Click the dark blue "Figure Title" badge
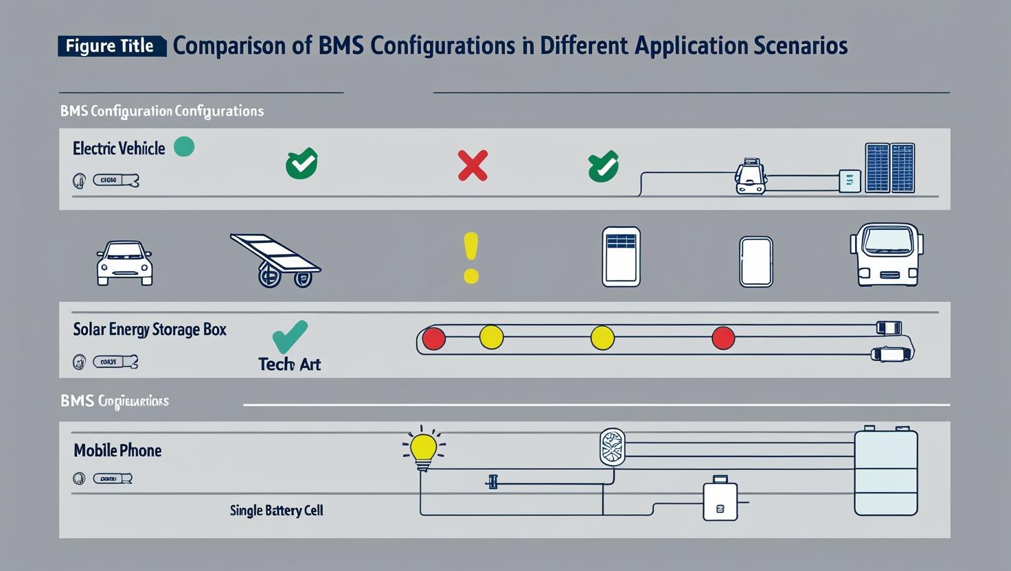tap(111, 46)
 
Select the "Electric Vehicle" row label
tap(119, 148)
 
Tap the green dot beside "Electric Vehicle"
tap(184, 146)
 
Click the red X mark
tap(473, 165)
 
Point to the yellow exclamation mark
tap(470, 257)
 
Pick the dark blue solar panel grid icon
tap(890, 167)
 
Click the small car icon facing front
tap(124, 263)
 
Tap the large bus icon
tap(887, 254)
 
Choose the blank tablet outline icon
tap(756, 261)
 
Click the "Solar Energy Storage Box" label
tap(150, 329)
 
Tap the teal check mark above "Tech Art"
tap(290, 336)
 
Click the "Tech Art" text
tap(289, 364)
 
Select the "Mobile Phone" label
tap(117, 451)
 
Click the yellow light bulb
tap(423, 449)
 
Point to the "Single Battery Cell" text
tap(276, 511)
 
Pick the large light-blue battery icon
tap(886, 471)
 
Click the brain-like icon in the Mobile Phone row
tap(612, 447)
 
